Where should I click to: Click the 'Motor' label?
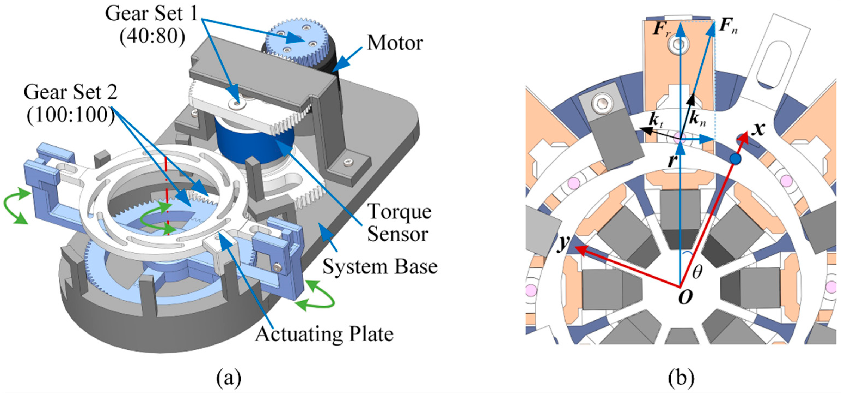[x=395, y=44]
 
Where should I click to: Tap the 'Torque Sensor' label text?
[x=399, y=223]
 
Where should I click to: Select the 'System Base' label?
[x=380, y=267]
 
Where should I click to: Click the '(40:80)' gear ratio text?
[x=152, y=37]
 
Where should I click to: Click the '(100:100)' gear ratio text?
[x=70, y=115]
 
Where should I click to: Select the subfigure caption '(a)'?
[x=229, y=378]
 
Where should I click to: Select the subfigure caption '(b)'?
[x=681, y=378]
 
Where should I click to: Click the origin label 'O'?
[x=685, y=297]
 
